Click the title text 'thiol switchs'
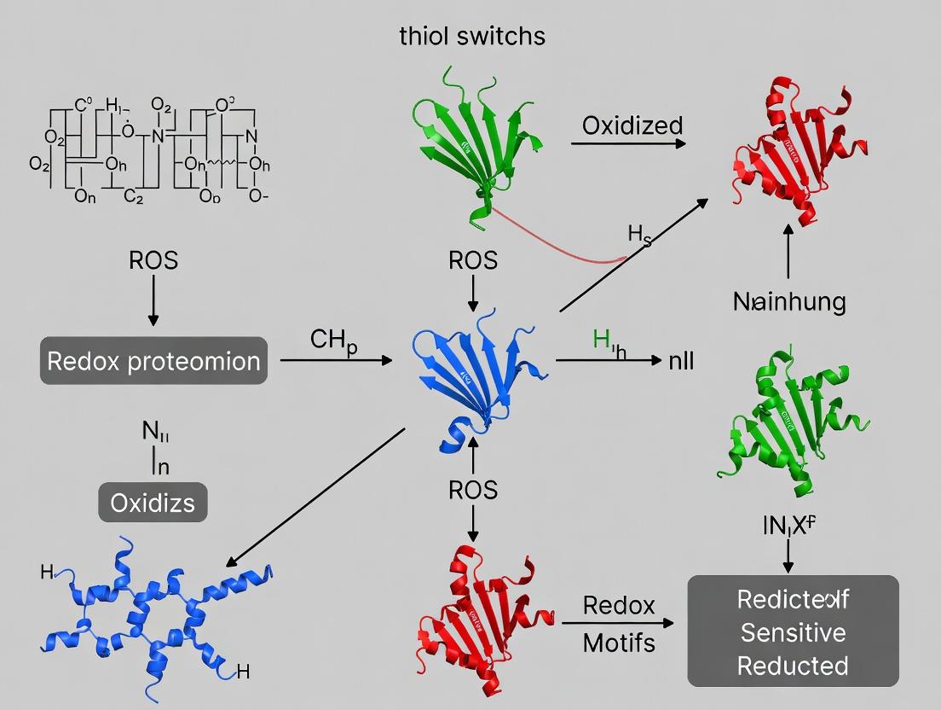[472, 36]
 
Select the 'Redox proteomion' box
[153, 360]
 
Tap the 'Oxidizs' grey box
[153, 502]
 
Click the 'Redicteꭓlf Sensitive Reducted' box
[793, 631]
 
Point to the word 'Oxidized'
[632, 125]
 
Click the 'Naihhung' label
[789, 301]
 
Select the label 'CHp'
[332, 340]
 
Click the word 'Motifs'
[619, 642]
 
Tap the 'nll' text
[680, 360]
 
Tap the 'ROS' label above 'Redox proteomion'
[153, 259]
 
